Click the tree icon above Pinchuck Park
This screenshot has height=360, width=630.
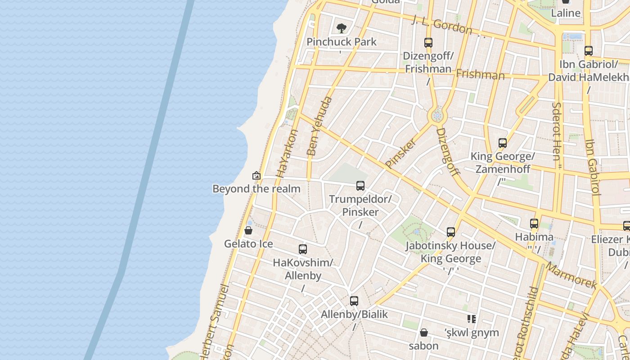(342, 28)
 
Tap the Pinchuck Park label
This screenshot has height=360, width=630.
(342, 42)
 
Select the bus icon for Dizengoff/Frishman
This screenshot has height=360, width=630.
(428, 43)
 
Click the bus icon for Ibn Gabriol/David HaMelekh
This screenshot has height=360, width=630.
(589, 51)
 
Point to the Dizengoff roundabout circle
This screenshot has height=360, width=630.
(437, 116)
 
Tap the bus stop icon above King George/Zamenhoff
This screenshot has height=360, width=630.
(503, 143)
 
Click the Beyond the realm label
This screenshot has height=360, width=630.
(256, 189)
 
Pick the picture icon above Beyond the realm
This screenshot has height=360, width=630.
(256, 175)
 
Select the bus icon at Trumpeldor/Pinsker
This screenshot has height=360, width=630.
(360, 185)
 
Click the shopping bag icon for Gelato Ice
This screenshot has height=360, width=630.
(248, 231)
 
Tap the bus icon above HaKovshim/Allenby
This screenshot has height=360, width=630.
(303, 249)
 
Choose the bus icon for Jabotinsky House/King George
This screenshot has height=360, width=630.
(451, 232)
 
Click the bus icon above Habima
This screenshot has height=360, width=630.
(534, 223)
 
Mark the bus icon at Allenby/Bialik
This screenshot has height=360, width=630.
(354, 301)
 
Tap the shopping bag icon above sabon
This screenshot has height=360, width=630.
(423, 333)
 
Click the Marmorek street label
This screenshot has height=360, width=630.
(571, 275)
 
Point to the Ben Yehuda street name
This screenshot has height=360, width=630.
(319, 126)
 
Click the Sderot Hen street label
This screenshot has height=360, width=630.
(557, 131)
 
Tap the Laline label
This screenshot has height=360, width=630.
(566, 13)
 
